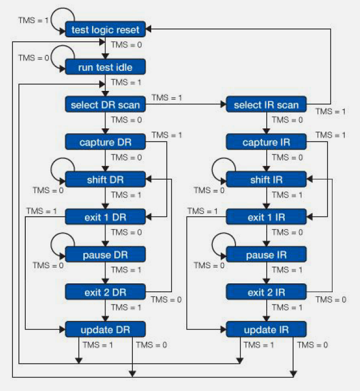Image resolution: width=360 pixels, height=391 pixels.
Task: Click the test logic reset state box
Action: click(x=105, y=30)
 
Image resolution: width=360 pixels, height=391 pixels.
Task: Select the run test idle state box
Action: click(x=105, y=67)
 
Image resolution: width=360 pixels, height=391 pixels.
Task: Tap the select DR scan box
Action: click(x=105, y=105)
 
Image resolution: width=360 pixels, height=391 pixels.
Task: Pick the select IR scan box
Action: click(x=266, y=105)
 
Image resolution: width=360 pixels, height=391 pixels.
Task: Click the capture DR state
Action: click(x=105, y=142)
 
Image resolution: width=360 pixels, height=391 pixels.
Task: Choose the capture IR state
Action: click(x=266, y=142)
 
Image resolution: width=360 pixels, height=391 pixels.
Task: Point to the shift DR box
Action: click(x=105, y=180)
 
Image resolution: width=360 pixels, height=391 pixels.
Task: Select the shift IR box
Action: click(x=266, y=180)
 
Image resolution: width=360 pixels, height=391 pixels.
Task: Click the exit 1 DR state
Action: click(x=105, y=217)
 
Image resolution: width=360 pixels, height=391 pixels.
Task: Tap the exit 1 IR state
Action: click(x=266, y=217)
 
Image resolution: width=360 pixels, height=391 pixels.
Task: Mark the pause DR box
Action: click(x=105, y=254)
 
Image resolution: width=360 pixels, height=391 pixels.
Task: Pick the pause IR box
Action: click(x=266, y=254)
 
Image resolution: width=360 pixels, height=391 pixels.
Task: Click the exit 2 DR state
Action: click(x=105, y=292)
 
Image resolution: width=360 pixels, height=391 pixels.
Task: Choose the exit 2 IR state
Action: click(x=266, y=292)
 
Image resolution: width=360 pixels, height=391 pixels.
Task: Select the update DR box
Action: click(x=105, y=329)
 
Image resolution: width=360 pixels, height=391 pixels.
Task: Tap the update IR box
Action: click(x=266, y=329)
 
